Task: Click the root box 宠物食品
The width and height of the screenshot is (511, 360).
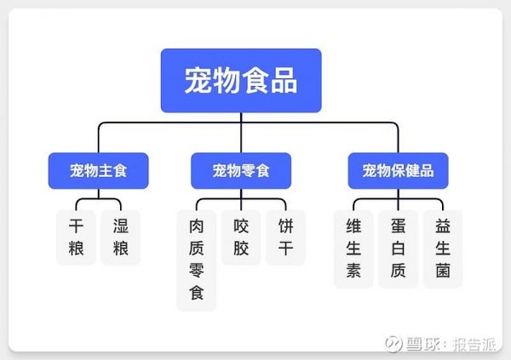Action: point(241,81)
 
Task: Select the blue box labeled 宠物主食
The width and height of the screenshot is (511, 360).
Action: point(99,171)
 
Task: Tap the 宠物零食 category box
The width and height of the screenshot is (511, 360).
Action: point(241,171)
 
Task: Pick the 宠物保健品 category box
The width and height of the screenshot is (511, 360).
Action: point(399,171)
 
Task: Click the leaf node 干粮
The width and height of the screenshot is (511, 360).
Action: point(77,237)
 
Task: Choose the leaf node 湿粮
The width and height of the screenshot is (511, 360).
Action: point(121,237)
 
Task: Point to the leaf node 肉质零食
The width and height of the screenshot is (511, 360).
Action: point(197,260)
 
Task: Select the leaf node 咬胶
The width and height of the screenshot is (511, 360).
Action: point(241,237)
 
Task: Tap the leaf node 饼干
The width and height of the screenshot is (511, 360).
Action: point(285,237)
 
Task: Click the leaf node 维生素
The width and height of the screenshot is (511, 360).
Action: point(353,249)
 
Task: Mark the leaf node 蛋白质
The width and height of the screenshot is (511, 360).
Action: point(399,249)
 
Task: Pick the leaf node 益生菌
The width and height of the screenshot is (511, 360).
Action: point(443,249)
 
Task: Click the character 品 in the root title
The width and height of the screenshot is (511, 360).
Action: point(284,81)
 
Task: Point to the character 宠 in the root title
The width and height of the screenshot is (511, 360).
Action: point(198,81)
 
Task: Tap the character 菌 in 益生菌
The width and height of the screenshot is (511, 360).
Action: point(443,271)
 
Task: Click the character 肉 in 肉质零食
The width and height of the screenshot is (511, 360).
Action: point(197,226)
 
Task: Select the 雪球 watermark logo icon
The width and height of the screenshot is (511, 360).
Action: point(393,344)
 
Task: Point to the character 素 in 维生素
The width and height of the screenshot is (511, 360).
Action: point(353,271)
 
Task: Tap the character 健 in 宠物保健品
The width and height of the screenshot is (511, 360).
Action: point(412,171)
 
